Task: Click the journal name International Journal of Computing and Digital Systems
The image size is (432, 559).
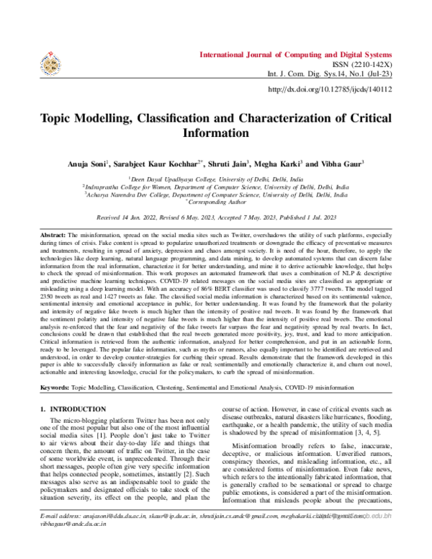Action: tap(295, 55)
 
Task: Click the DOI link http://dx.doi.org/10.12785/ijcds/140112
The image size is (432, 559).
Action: tap(329, 89)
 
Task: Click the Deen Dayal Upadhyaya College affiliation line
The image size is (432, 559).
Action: tap(216, 178)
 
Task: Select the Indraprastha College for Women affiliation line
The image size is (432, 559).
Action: tap(216, 186)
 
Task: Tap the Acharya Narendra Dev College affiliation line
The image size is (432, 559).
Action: tap(216, 194)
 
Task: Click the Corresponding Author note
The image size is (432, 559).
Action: tap(217, 202)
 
